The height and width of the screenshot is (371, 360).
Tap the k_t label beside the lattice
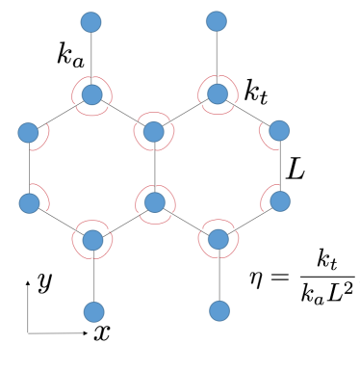[257, 93]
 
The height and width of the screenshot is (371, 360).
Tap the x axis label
[100, 333]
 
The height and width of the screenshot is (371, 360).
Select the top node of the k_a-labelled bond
[92, 20]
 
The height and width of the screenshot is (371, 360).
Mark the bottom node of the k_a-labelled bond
[92, 95]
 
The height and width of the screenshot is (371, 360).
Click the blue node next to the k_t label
[219, 93]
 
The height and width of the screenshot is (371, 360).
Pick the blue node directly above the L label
[280, 130]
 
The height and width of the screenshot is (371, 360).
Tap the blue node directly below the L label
[280, 202]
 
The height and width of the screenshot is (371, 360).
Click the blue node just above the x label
[93, 311]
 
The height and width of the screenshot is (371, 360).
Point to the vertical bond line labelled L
[280, 166]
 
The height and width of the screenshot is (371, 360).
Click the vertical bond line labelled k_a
[92, 58]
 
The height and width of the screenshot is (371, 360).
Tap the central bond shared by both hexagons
[155, 166]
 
